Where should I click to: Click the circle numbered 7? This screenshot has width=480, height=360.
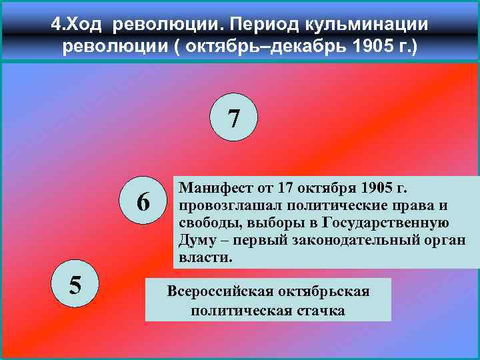[x=234, y=119]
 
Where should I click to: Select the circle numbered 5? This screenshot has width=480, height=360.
[x=75, y=285]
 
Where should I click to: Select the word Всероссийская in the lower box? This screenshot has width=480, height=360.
[x=223, y=291]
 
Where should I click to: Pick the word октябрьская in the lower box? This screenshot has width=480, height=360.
[x=337, y=291]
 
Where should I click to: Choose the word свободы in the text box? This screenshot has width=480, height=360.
[x=207, y=222]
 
